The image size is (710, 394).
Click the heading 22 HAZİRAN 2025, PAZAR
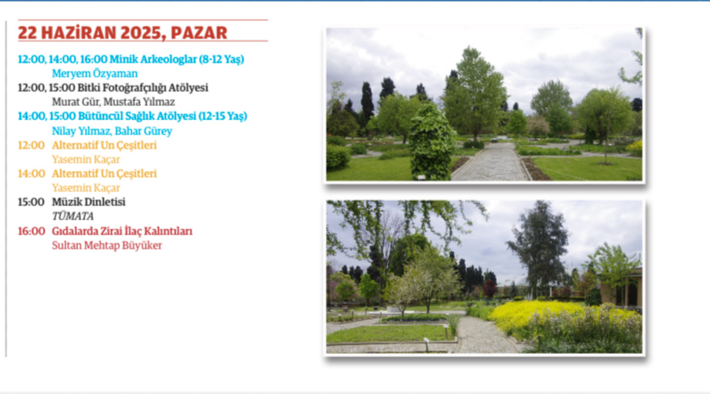[x=123, y=33]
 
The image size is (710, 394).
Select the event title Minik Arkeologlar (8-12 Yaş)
[x=177, y=59]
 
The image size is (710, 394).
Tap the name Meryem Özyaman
[x=95, y=74]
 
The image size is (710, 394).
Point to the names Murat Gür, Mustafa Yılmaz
[x=113, y=102]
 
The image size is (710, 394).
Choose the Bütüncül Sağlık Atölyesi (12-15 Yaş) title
[x=163, y=116]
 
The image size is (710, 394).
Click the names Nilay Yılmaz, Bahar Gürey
[x=112, y=131]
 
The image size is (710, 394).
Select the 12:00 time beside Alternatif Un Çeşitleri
[x=31, y=146]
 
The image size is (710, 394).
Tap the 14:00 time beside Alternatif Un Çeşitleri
[x=31, y=174]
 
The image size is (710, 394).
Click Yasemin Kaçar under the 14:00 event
[x=86, y=187]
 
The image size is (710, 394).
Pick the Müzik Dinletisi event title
[x=89, y=202]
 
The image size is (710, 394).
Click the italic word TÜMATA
[x=72, y=216]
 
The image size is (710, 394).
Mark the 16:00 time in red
[x=31, y=231]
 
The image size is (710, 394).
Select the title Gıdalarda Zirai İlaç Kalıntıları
[x=122, y=231]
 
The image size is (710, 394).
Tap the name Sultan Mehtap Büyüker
[x=107, y=246]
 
